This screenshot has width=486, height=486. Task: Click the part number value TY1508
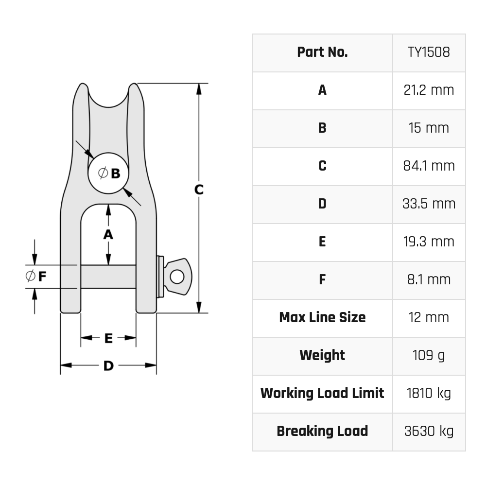pyautogui.click(x=429, y=52)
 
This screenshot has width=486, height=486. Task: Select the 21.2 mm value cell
pyautogui.click(x=429, y=90)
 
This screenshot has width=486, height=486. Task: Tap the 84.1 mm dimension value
pyautogui.click(x=429, y=166)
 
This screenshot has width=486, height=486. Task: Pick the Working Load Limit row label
pyautogui.click(x=322, y=394)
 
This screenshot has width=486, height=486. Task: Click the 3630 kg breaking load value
pyautogui.click(x=429, y=432)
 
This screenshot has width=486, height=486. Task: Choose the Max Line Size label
pyautogui.click(x=322, y=318)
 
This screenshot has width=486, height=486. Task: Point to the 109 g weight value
pyautogui.click(x=429, y=356)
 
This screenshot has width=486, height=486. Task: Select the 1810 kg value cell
pyautogui.click(x=429, y=394)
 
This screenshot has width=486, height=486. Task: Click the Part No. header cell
pyautogui.click(x=322, y=52)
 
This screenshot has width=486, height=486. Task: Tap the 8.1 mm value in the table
pyautogui.click(x=429, y=280)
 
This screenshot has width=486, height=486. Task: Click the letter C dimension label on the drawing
pyautogui.click(x=199, y=190)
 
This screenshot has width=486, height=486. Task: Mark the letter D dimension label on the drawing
pyautogui.click(x=108, y=366)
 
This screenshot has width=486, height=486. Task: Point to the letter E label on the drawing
pyautogui.click(x=108, y=338)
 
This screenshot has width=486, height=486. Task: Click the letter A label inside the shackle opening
pyautogui.click(x=108, y=235)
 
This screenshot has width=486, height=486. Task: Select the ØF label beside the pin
pyautogui.click(x=36, y=277)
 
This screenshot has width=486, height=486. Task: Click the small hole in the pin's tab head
pyautogui.click(x=177, y=277)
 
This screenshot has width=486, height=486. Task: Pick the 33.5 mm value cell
pyautogui.click(x=429, y=204)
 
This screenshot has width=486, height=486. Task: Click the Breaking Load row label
pyautogui.click(x=322, y=432)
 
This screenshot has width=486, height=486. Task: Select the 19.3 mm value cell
pyautogui.click(x=429, y=242)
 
